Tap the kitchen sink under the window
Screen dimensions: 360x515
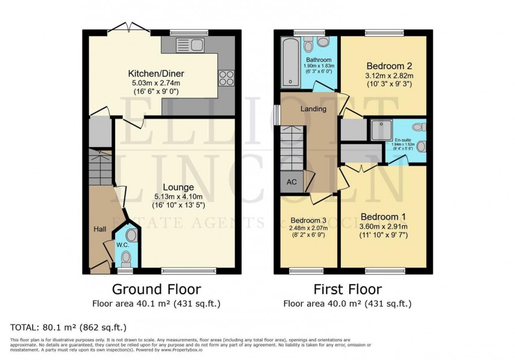(x=189, y=44)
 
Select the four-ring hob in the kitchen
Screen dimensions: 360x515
(x=225, y=76)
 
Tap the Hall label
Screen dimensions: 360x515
(x=99, y=229)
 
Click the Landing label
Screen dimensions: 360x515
(x=313, y=109)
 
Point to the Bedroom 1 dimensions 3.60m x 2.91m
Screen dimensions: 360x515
(x=384, y=227)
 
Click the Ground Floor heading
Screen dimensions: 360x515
(x=157, y=290)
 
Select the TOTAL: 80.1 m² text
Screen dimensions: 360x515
(x=68, y=327)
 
